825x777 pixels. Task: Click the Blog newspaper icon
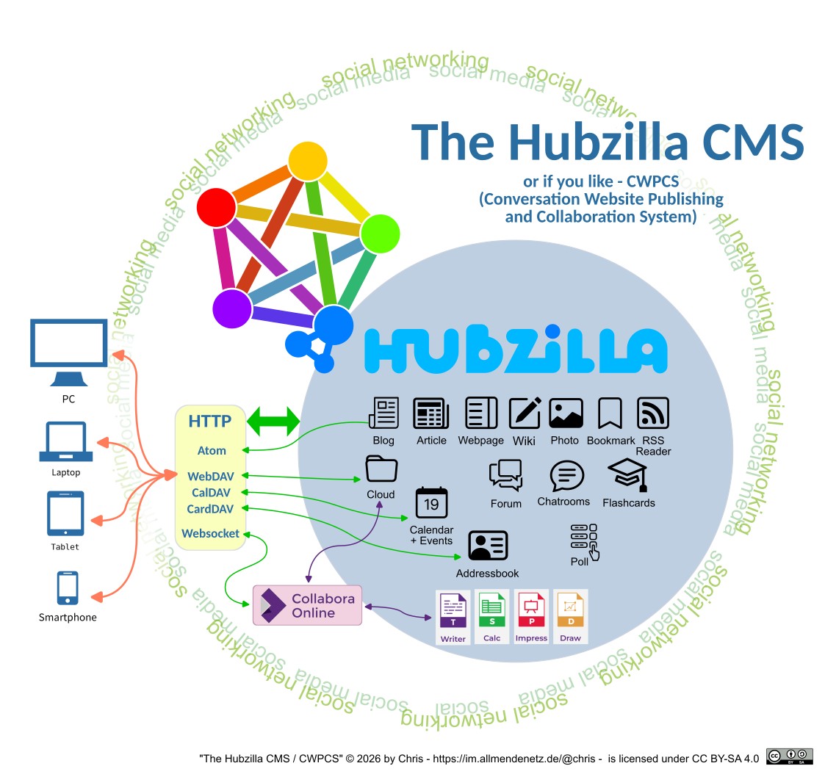pos(383,413)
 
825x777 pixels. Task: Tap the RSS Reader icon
pos(653,413)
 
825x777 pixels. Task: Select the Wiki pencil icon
pos(525,413)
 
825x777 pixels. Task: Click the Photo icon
pos(566,413)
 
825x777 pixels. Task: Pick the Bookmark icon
pos(610,413)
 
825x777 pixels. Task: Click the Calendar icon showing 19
pos(431,503)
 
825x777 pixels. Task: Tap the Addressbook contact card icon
pos(488,546)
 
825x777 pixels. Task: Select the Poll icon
pos(584,540)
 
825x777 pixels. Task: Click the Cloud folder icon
pos(381,469)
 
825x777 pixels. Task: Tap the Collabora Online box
pos(307,605)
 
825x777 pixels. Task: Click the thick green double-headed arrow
pos(273,422)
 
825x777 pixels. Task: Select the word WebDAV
pos(210,477)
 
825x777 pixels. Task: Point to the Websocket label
pos(211,533)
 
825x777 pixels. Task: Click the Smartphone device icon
pos(68,588)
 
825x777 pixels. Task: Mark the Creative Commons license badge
pos(789,756)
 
